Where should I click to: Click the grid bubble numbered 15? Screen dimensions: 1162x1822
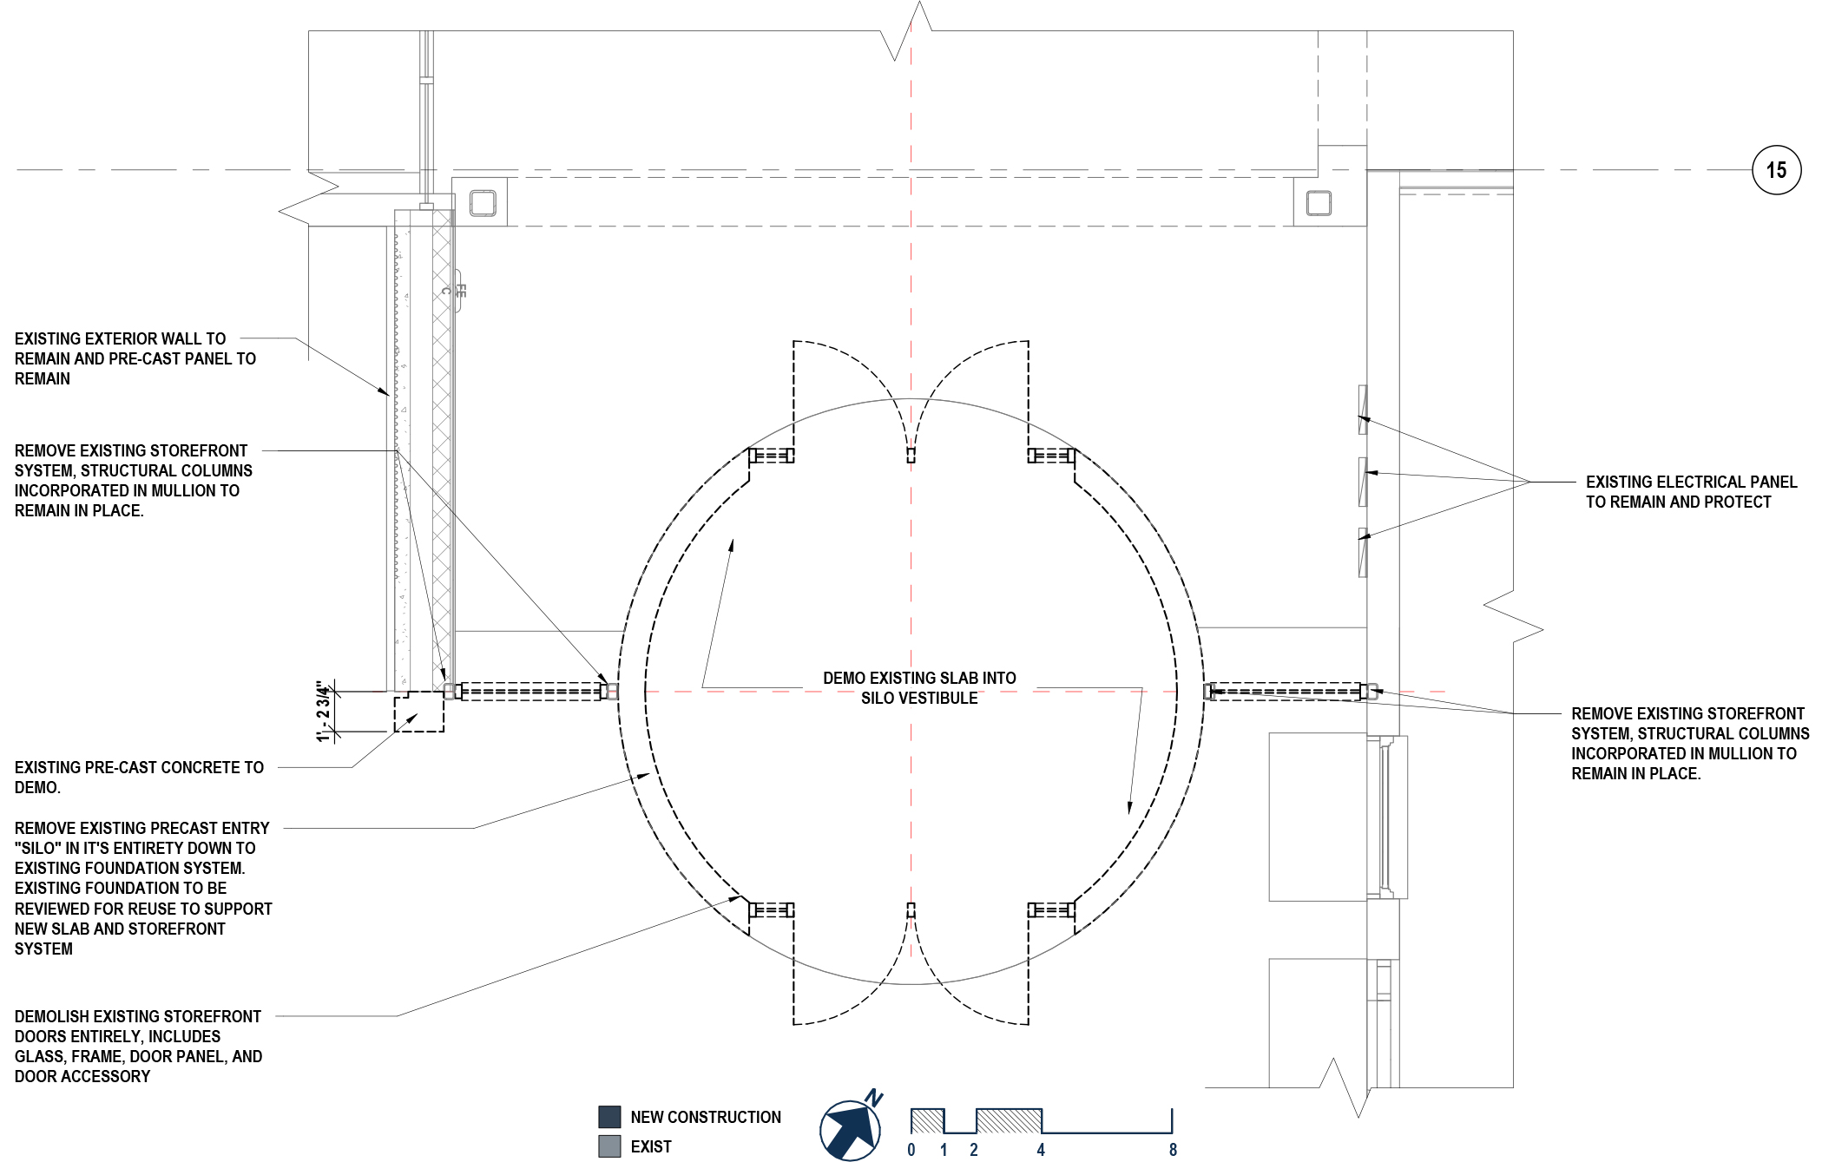[x=1776, y=170]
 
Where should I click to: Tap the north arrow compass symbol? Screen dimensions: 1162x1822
[x=851, y=1129]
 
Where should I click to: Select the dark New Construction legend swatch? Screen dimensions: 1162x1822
[x=609, y=1117]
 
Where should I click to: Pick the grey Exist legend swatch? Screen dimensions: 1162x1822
[x=609, y=1146]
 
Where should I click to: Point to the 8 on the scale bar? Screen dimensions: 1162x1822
[x=1173, y=1150]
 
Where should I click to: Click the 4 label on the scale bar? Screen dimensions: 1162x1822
[x=1041, y=1150]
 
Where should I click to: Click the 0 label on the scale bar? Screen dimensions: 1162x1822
[x=911, y=1150]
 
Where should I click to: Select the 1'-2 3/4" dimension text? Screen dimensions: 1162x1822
[x=325, y=712]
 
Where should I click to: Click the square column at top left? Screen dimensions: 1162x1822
[x=483, y=203]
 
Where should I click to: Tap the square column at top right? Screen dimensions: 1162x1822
[x=1319, y=203]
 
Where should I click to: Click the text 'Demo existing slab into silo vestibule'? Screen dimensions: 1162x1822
[x=919, y=688]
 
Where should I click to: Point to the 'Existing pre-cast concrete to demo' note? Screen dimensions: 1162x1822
[x=139, y=778]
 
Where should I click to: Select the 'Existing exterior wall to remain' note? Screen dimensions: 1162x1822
[x=135, y=358]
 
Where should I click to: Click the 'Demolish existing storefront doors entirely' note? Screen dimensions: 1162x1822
[x=138, y=1046]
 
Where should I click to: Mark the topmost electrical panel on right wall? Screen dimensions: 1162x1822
[x=1363, y=410]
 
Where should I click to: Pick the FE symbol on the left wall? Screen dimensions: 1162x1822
[x=460, y=291]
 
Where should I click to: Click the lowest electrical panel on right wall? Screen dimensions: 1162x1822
[x=1363, y=552]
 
